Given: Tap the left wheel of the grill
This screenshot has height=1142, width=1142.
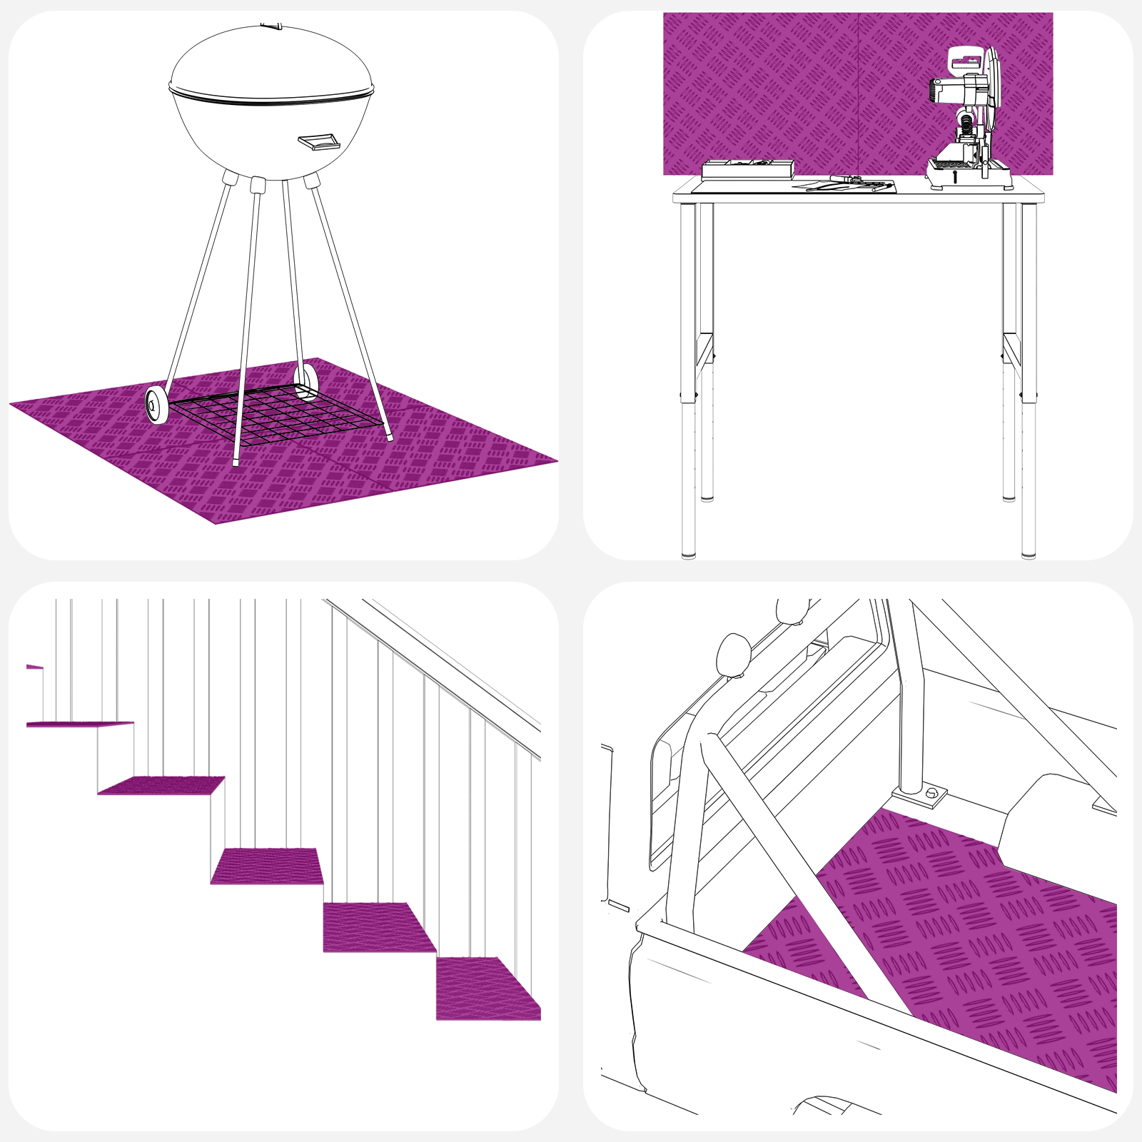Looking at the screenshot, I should coord(156,405).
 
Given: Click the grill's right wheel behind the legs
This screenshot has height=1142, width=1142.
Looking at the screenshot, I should coord(306,381).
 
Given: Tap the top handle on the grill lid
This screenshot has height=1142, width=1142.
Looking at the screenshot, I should coord(271,26).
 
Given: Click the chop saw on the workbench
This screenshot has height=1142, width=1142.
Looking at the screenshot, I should coord(968,121).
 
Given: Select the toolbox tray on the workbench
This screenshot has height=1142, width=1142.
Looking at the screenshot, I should coord(747,169).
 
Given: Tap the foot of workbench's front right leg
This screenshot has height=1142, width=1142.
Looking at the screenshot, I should coord(1029,552).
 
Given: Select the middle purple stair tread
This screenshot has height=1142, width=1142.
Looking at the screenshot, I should coord(266,865).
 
